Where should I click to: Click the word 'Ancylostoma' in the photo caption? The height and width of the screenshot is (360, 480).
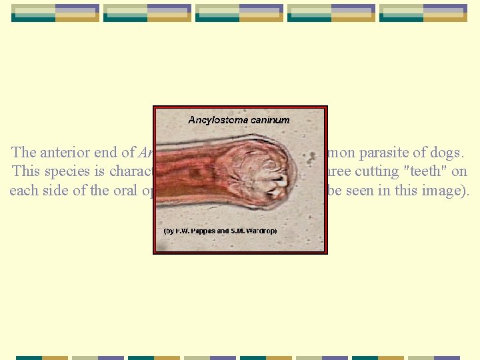215,120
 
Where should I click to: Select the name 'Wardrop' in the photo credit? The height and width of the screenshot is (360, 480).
261,231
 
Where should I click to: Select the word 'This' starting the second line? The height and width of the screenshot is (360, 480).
25,171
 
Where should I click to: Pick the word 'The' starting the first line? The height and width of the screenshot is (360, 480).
24,153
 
